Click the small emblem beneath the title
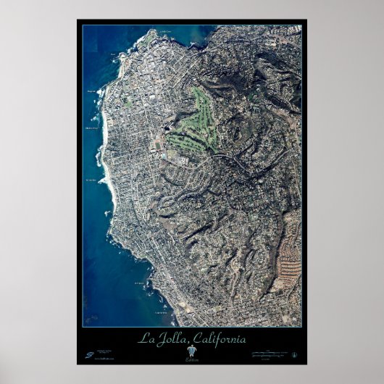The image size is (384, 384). point(191,351)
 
